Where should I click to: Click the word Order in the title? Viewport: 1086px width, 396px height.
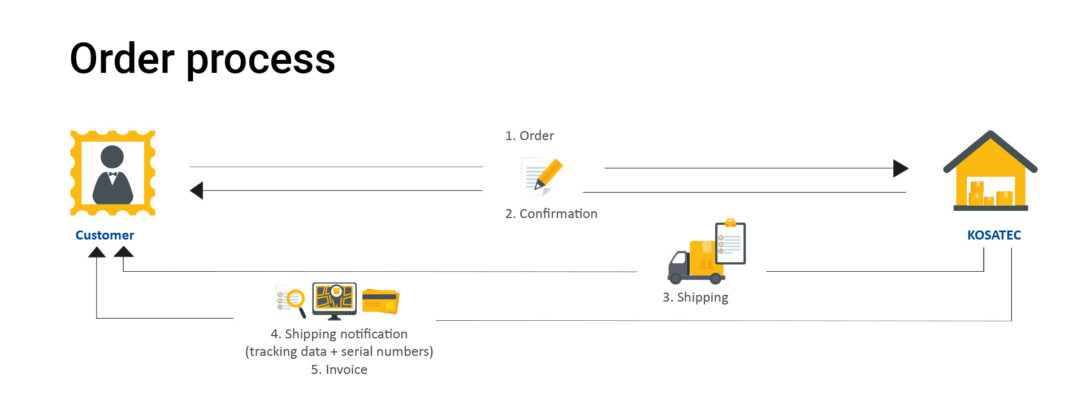coord(122,59)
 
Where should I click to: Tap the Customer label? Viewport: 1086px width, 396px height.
coord(105,235)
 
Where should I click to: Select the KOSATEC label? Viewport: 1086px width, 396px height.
coord(994,235)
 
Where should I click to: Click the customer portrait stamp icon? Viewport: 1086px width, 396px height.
coord(113,173)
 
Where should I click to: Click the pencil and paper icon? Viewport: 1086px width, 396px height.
coord(541,176)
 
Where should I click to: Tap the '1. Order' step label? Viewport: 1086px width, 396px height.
coord(529,136)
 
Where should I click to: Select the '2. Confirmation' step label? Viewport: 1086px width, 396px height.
coord(551,214)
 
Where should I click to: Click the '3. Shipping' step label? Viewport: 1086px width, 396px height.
coord(695,297)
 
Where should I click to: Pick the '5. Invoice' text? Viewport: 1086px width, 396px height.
coord(339,369)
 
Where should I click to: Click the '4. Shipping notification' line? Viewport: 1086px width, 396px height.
coord(339,334)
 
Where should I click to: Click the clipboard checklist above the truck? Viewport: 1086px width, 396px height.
coord(730,242)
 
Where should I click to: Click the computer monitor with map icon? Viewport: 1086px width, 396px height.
coord(335,300)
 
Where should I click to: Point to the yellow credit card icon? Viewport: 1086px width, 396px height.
coord(380,301)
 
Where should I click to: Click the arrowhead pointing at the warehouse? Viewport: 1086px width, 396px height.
coord(900,168)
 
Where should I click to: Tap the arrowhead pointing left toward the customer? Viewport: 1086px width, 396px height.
coord(197,190)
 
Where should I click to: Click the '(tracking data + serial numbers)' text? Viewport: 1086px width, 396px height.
coord(339,351)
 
